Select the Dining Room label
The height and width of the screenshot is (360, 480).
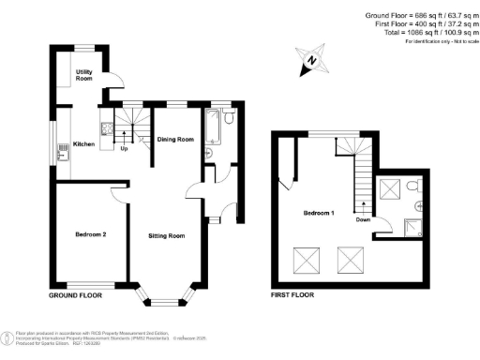pyautogui.click(x=174, y=139)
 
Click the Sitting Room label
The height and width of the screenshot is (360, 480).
pyautogui.click(x=166, y=236)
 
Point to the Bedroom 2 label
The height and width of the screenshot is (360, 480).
pyautogui.click(x=90, y=233)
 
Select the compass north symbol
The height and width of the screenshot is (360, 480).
pyautogui.click(x=314, y=62)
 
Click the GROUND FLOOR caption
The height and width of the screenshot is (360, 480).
pyautogui.click(x=76, y=294)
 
